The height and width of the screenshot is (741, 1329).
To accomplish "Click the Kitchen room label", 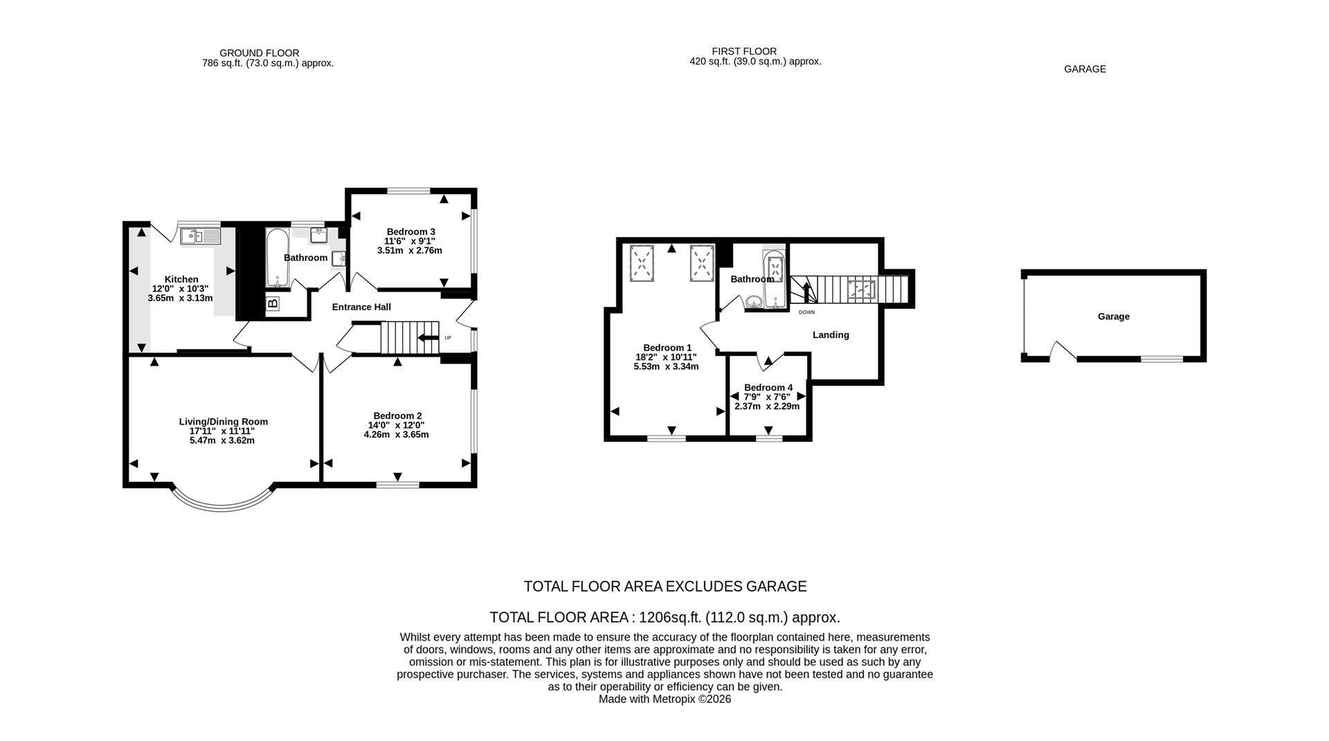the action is coord(181,279).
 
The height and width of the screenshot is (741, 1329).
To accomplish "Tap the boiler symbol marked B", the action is coord(273,303).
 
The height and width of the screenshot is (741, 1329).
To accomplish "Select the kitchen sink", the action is coord(200,237).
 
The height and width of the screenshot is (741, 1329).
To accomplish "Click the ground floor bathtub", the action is coord(278,257).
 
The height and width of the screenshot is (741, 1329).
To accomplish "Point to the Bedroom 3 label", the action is coord(411,231).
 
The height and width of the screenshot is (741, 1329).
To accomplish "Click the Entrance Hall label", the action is coord(361,307).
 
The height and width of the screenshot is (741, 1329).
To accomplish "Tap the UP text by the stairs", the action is coord(448,338).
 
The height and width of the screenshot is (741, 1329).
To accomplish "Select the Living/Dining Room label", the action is coord(224,421).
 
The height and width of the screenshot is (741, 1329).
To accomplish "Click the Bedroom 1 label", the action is coord(667,348).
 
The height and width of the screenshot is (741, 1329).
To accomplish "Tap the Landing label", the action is coord(831,334).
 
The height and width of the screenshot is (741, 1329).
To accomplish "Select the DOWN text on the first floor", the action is coord(807,312).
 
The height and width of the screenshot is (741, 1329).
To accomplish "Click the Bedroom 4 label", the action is coord(768,387).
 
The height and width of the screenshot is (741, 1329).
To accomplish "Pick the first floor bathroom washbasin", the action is coord(753,301).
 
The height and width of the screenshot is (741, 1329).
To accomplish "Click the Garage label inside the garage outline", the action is coord(1114,316).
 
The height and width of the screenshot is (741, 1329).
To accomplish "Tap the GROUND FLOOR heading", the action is coord(260,53).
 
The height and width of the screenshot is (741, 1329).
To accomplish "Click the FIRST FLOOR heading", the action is coord(744,51).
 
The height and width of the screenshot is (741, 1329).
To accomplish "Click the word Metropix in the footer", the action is coord(673,699).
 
